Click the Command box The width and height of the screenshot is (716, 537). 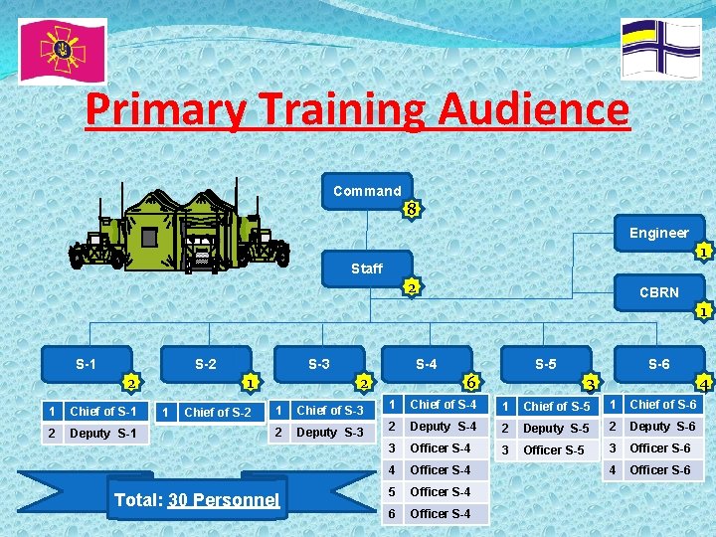click(367, 191)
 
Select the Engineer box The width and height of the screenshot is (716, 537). click(658, 233)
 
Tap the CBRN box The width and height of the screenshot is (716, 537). click(658, 292)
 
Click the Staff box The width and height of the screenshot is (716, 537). click(367, 268)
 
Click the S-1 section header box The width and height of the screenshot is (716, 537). click(87, 364)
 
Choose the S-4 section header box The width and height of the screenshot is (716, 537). click(426, 364)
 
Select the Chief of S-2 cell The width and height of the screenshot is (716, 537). click(217, 412)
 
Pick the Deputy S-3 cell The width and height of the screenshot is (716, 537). click(330, 433)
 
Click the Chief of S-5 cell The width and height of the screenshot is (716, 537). click(557, 406)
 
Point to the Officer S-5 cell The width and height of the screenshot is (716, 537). click(557, 449)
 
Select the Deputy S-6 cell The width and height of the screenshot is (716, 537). click(662, 427)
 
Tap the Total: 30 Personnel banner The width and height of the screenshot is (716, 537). click(197, 499)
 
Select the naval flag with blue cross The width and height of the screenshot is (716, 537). click(660, 48)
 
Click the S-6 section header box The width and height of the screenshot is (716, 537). click(658, 364)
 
